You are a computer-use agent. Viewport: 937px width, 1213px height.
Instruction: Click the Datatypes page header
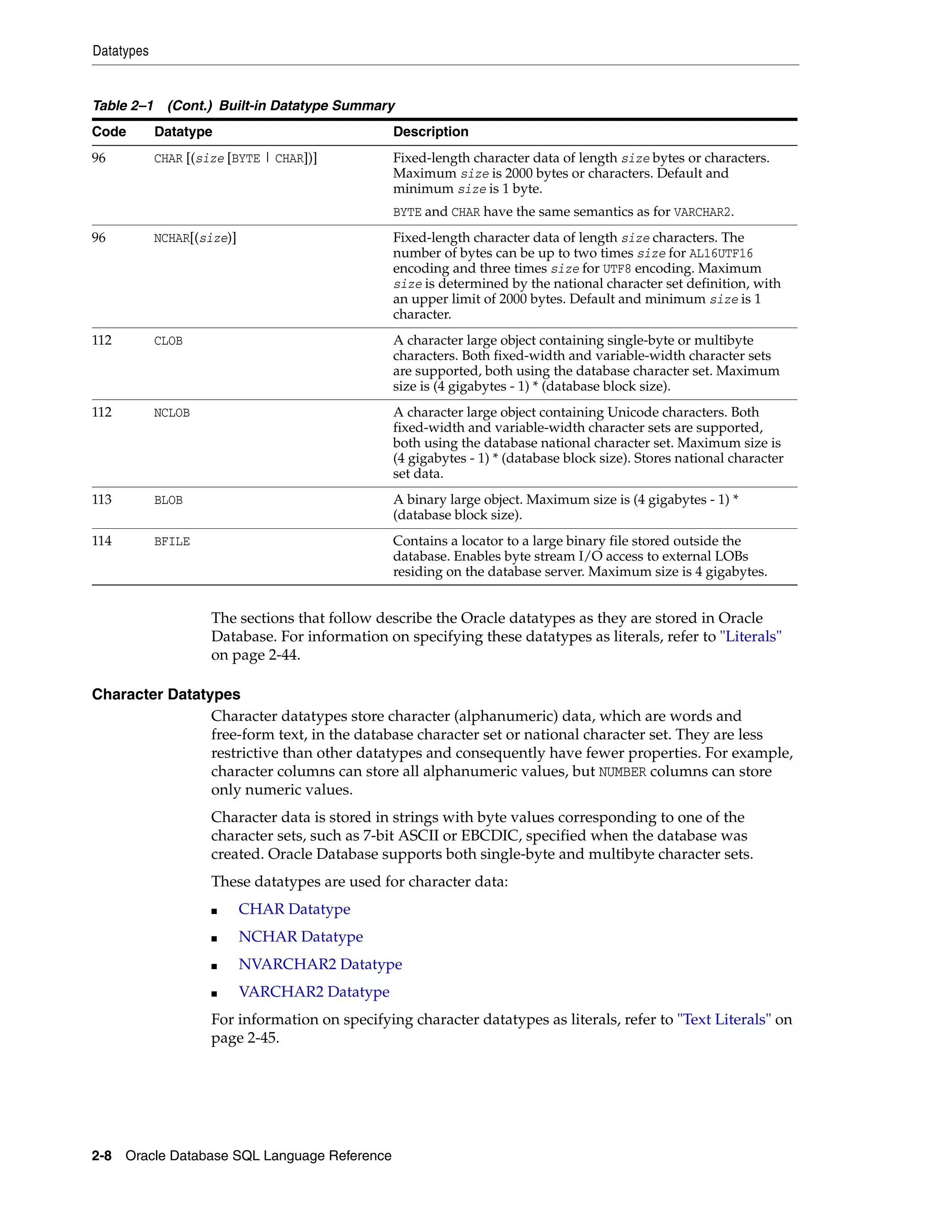(x=120, y=51)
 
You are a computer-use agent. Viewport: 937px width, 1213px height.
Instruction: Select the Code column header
(x=109, y=132)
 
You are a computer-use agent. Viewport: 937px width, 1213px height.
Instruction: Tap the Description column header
(x=430, y=132)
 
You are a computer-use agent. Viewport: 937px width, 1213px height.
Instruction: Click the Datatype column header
(x=183, y=132)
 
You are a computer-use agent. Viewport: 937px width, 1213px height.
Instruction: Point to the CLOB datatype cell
(x=168, y=341)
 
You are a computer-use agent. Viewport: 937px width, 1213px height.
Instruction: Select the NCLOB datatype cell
(x=172, y=413)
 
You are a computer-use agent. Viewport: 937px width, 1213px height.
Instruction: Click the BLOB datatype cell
(x=168, y=500)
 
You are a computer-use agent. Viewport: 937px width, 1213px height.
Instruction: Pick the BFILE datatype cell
(x=172, y=542)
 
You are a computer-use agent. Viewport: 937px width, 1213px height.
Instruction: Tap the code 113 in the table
(x=102, y=500)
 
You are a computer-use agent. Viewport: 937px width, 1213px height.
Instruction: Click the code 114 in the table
(x=102, y=541)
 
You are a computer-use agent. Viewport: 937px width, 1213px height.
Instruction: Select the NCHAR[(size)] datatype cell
(x=195, y=238)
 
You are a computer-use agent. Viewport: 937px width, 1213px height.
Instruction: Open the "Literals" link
(x=750, y=637)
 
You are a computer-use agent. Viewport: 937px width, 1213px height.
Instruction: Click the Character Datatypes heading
(x=166, y=694)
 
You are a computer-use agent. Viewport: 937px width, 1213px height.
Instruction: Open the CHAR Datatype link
(x=294, y=909)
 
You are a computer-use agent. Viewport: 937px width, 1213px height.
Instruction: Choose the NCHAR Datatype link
(x=300, y=937)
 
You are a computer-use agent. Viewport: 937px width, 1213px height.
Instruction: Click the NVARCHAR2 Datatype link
(x=320, y=964)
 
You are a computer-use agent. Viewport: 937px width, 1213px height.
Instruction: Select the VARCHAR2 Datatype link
(x=313, y=991)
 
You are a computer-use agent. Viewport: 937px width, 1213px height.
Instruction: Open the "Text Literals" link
(x=724, y=1019)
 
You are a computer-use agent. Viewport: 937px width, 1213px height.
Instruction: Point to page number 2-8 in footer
(x=102, y=1156)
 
